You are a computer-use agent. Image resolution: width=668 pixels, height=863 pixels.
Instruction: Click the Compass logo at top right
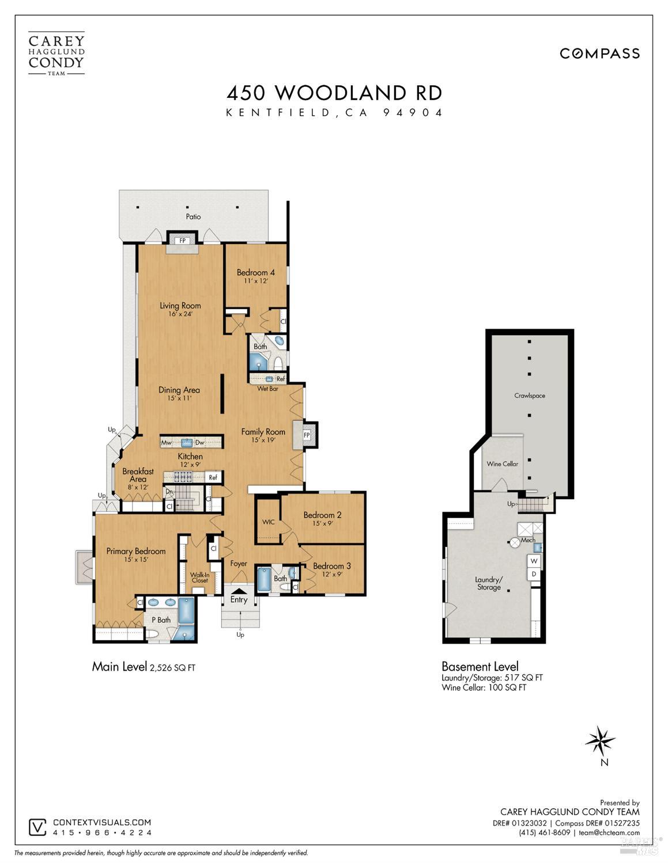(599, 54)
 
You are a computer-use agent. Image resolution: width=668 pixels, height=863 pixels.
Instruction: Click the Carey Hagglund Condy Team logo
(56, 54)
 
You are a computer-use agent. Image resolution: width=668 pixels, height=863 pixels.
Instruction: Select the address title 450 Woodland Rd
(334, 93)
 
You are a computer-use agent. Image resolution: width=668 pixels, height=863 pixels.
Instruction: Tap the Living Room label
(180, 306)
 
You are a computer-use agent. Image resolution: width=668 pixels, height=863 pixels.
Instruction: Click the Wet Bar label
(267, 389)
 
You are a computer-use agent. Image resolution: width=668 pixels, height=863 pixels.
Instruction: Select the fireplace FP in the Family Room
(307, 435)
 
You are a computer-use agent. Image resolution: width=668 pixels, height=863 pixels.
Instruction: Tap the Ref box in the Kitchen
(213, 477)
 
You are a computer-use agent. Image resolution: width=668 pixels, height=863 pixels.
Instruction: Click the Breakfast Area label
(138, 475)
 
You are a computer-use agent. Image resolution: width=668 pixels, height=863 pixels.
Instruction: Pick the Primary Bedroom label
(136, 551)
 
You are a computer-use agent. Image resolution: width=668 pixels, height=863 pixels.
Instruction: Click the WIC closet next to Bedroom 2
(268, 522)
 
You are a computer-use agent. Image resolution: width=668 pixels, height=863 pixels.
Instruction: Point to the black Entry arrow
(239, 591)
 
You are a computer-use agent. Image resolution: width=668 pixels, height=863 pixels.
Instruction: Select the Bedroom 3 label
(331, 566)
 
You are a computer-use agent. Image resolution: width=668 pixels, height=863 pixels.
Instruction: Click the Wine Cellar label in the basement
(502, 463)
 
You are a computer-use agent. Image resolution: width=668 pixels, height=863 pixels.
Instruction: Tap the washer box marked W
(534, 561)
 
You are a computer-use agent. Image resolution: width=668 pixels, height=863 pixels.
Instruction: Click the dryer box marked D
(534, 574)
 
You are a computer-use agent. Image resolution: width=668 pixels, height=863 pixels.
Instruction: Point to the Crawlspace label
(529, 396)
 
